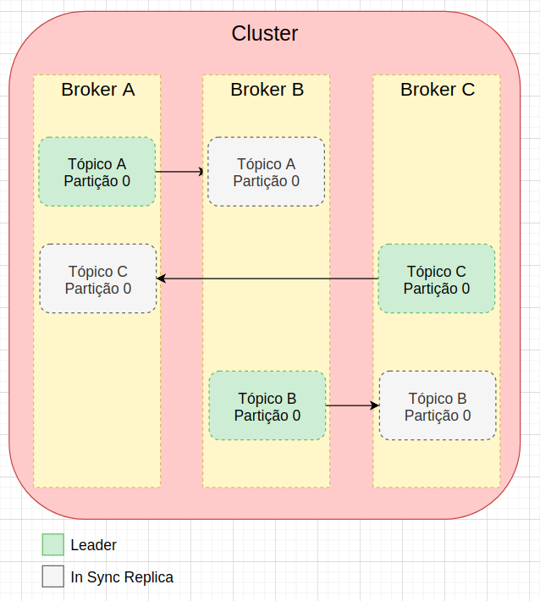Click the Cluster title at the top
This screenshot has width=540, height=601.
(264, 34)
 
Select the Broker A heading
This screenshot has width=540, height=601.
(97, 89)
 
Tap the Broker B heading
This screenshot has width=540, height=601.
(267, 89)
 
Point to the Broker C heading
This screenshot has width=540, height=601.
(437, 89)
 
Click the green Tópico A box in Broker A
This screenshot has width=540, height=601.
(97, 172)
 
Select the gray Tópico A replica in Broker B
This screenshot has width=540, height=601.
(267, 172)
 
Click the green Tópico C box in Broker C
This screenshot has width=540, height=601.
(437, 279)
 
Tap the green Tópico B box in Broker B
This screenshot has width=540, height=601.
(267, 406)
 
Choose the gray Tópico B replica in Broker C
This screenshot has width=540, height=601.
(438, 406)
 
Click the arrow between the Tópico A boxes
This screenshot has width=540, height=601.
(180, 172)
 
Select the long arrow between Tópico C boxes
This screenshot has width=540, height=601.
(267, 278)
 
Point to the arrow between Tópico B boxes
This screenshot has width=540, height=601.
(351, 406)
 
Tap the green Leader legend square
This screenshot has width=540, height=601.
(53, 545)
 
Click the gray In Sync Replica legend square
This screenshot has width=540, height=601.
(53, 576)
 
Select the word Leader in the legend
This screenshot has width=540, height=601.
(94, 545)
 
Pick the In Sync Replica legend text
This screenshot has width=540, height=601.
(122, 577)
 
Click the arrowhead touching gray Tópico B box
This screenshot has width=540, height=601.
(375, 406)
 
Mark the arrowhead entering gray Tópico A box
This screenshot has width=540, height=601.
(203, 172)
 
